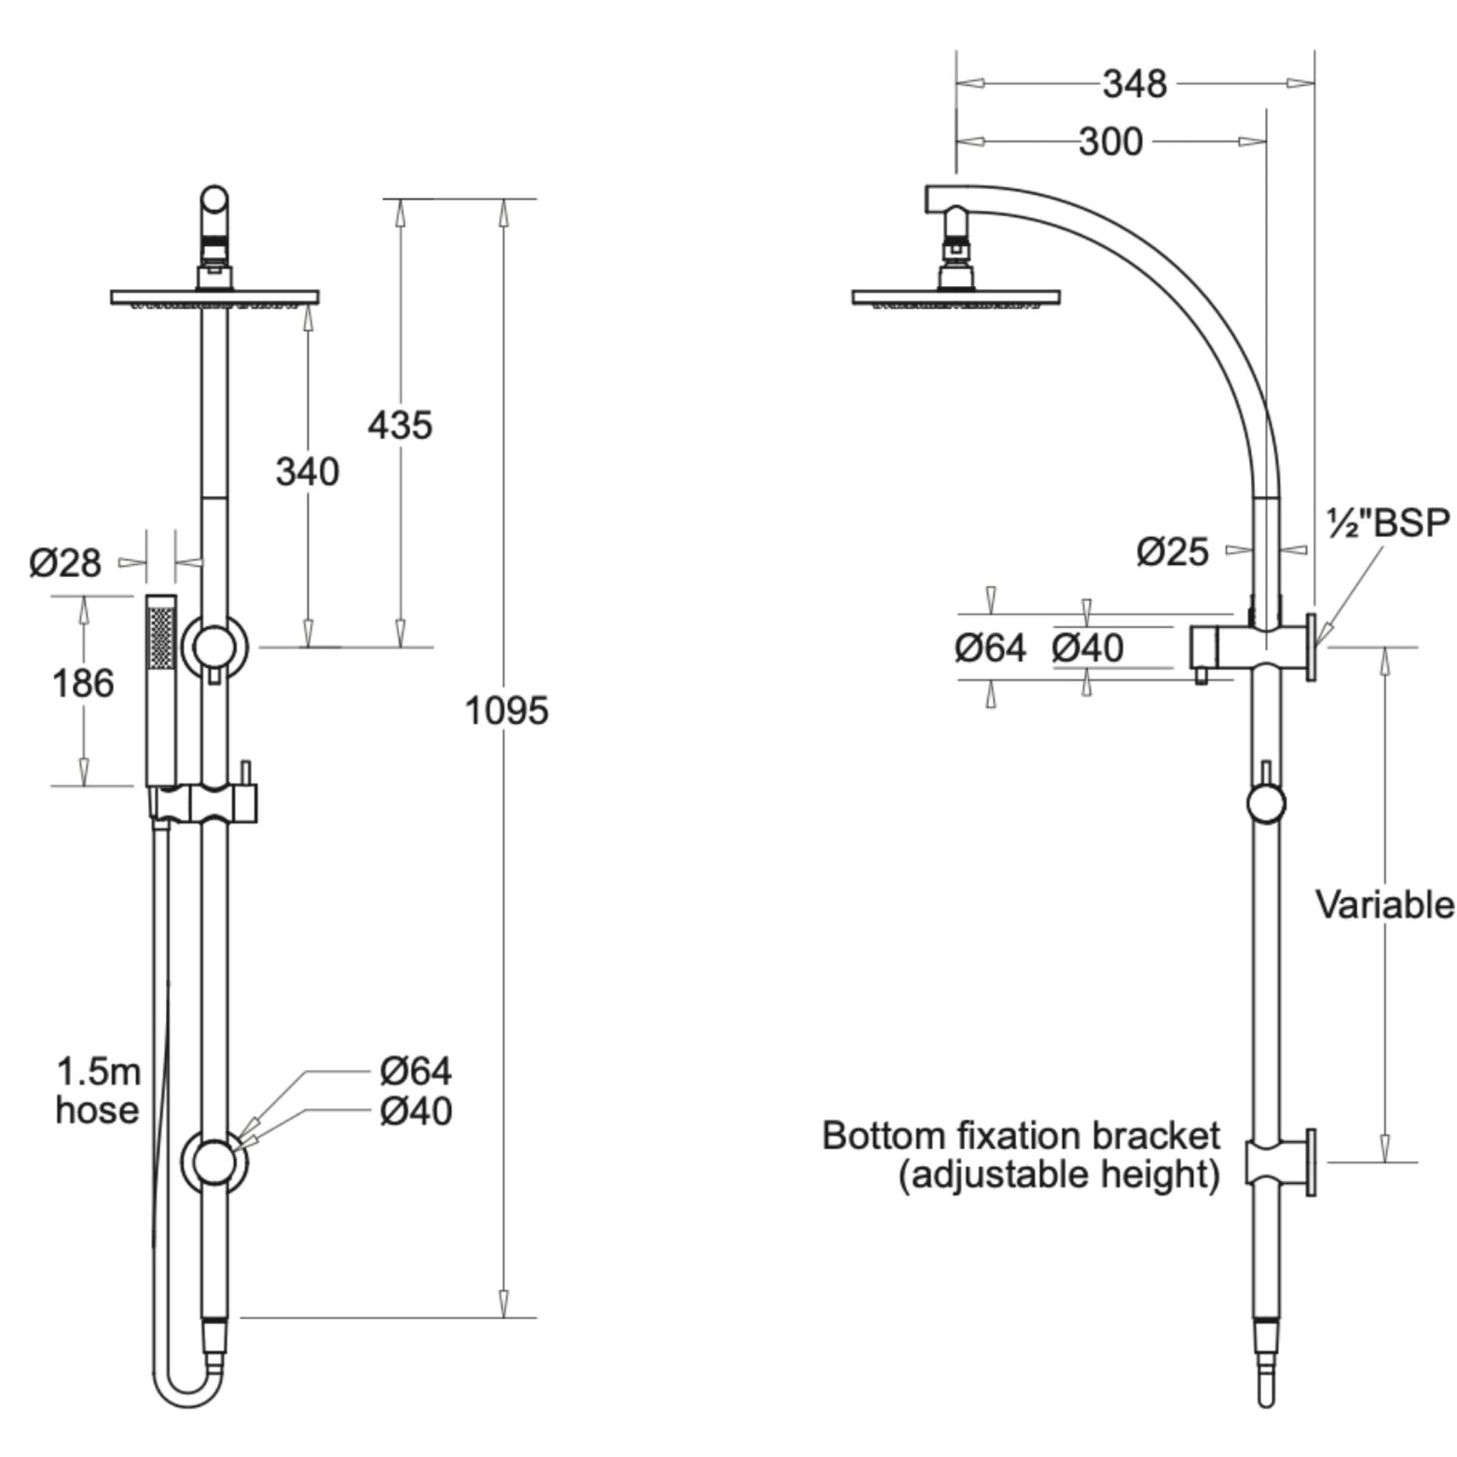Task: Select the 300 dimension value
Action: tap(1110, 142)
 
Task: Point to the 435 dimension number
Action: tap(400, 425)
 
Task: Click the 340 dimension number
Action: tap(307, 473)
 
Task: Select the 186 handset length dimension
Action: tap(83, 684)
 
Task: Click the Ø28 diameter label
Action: tap(65, 563)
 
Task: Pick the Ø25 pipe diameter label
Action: tap(1172, 552)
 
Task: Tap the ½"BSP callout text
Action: tap(1387, 523)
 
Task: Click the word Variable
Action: tap(1384, 904)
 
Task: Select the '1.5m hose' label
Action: tap(98, 1091)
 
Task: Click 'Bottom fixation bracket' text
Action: tap(1020, 1135)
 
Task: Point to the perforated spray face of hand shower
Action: tap(161, 637)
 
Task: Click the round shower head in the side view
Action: tap(955, 297)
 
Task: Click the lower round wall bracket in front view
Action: tap(214, 1162)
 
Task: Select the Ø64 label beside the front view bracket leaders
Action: tap(415, 1071)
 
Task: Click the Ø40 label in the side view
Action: tap(1087, 648)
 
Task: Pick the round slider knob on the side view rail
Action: tap(1266, 803)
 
